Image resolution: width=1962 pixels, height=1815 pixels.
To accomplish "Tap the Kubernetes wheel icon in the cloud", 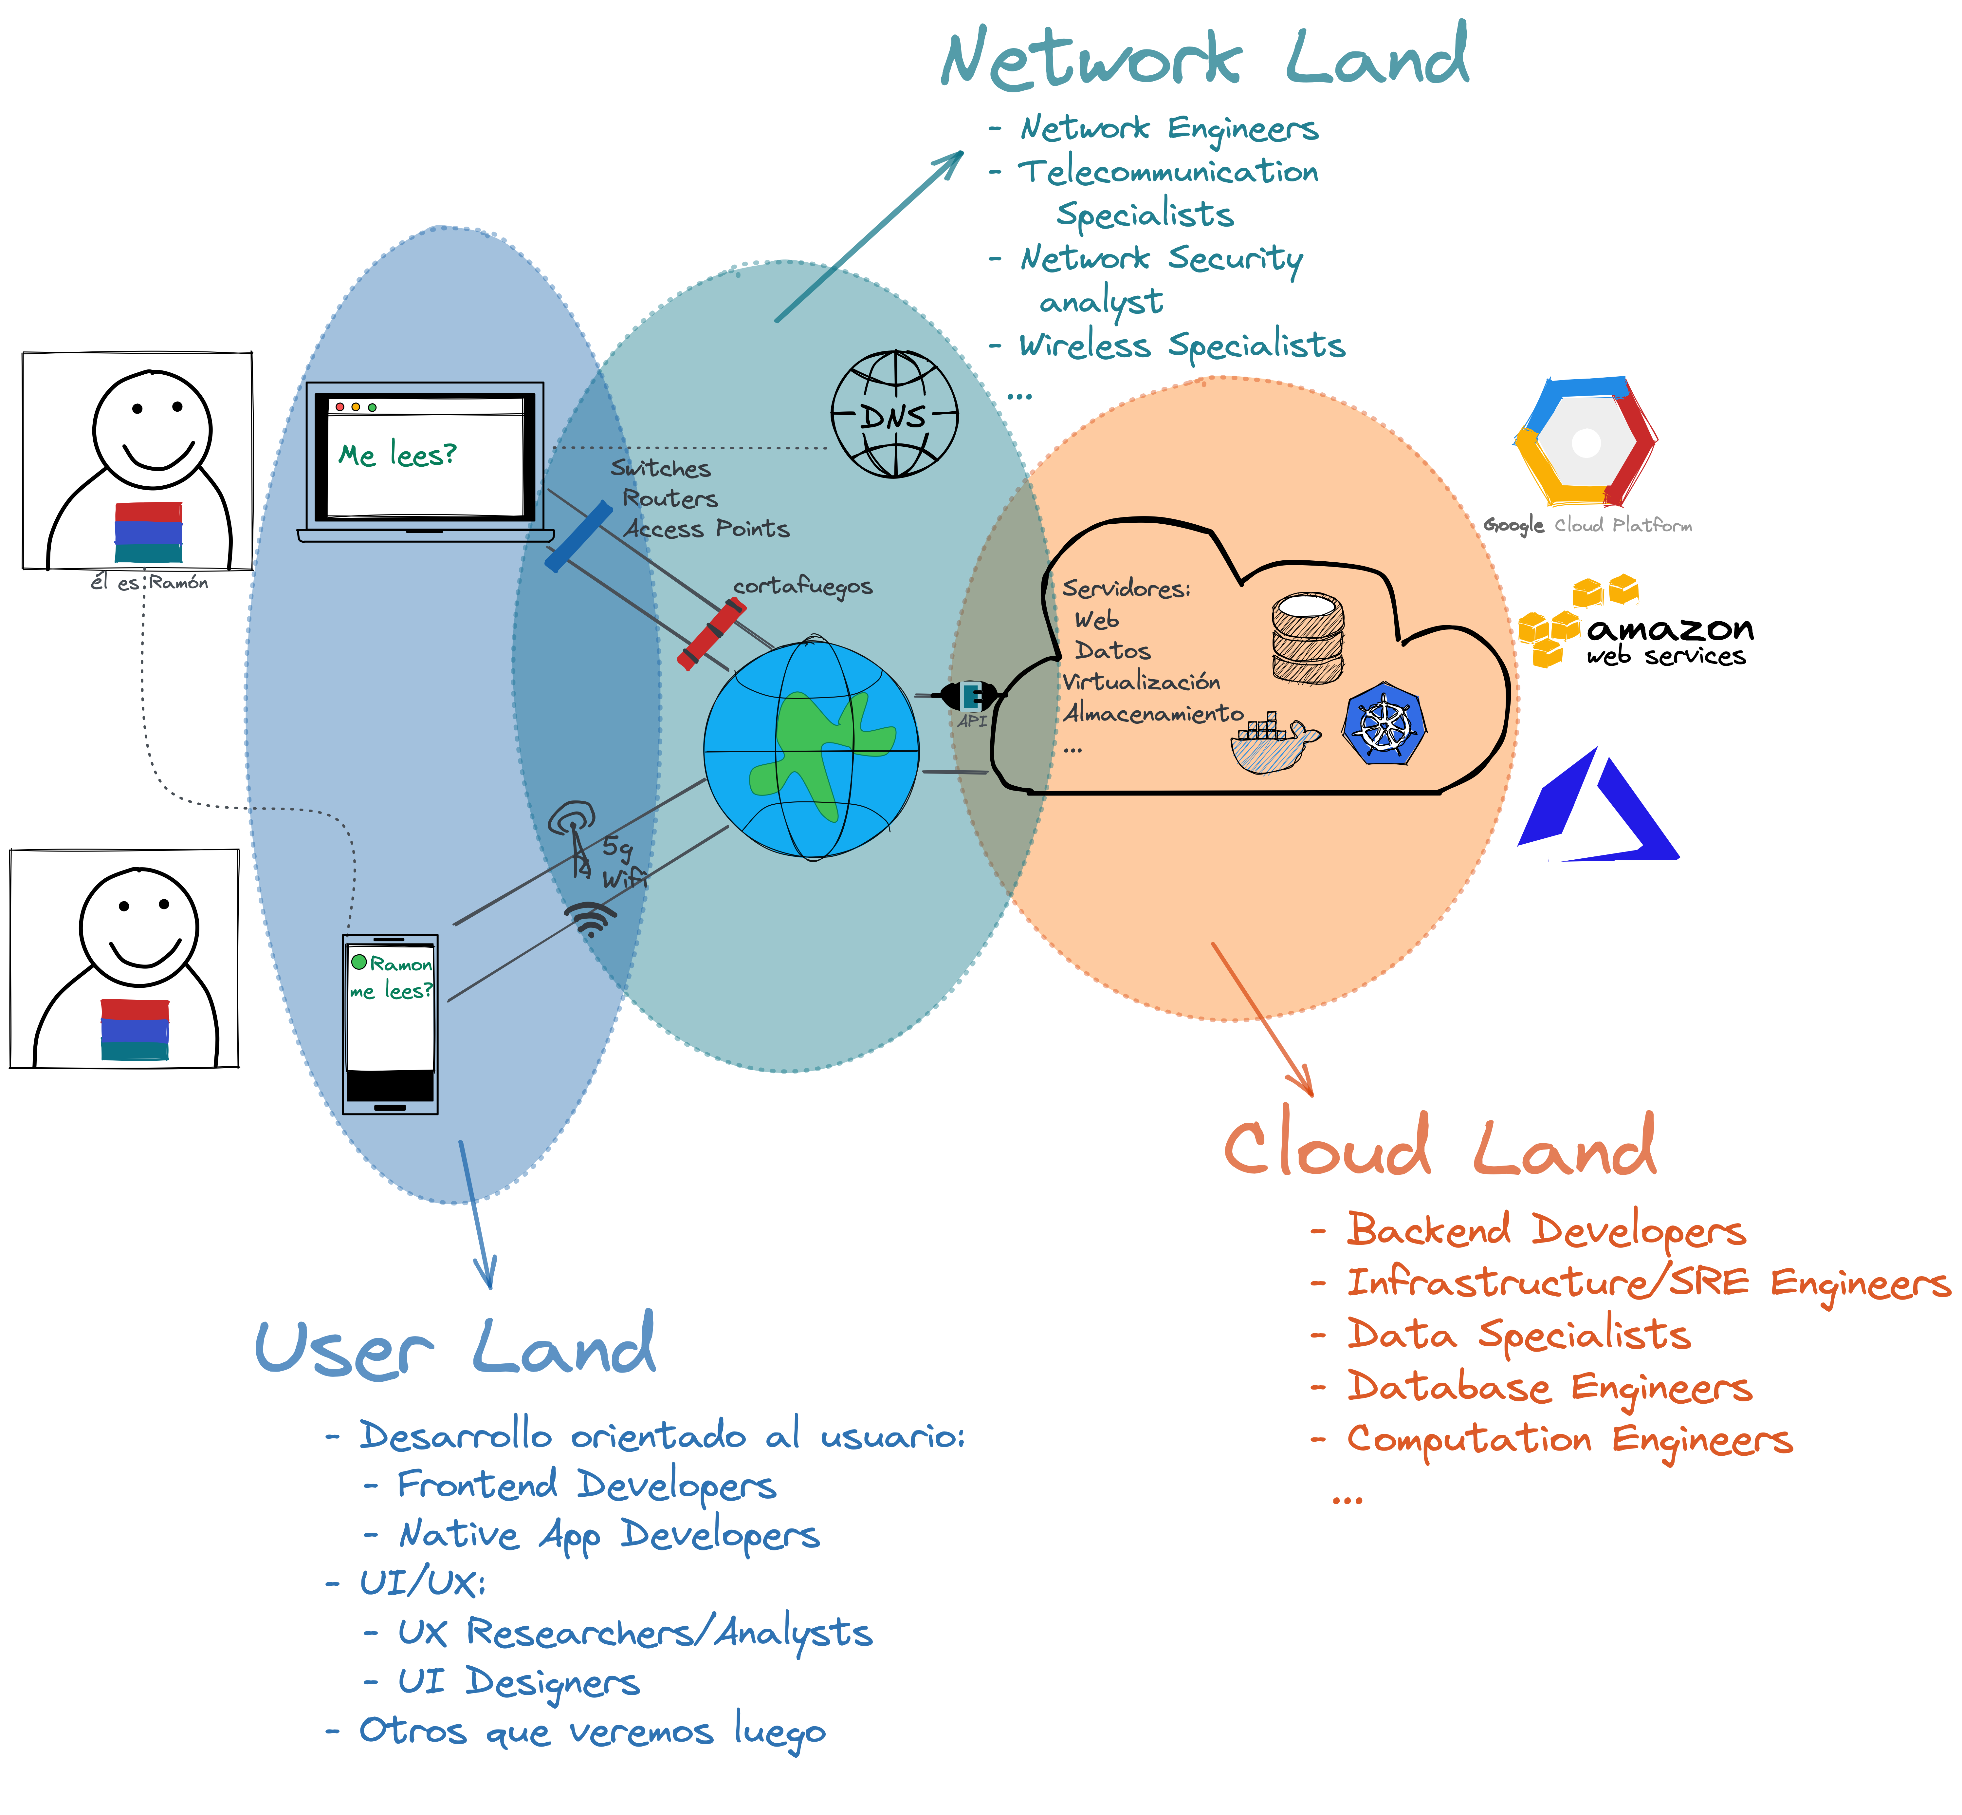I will pos(1384,725).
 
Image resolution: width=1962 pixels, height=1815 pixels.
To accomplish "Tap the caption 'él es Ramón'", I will pos(149,582).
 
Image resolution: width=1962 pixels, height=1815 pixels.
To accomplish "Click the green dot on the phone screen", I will pos(359,962).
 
